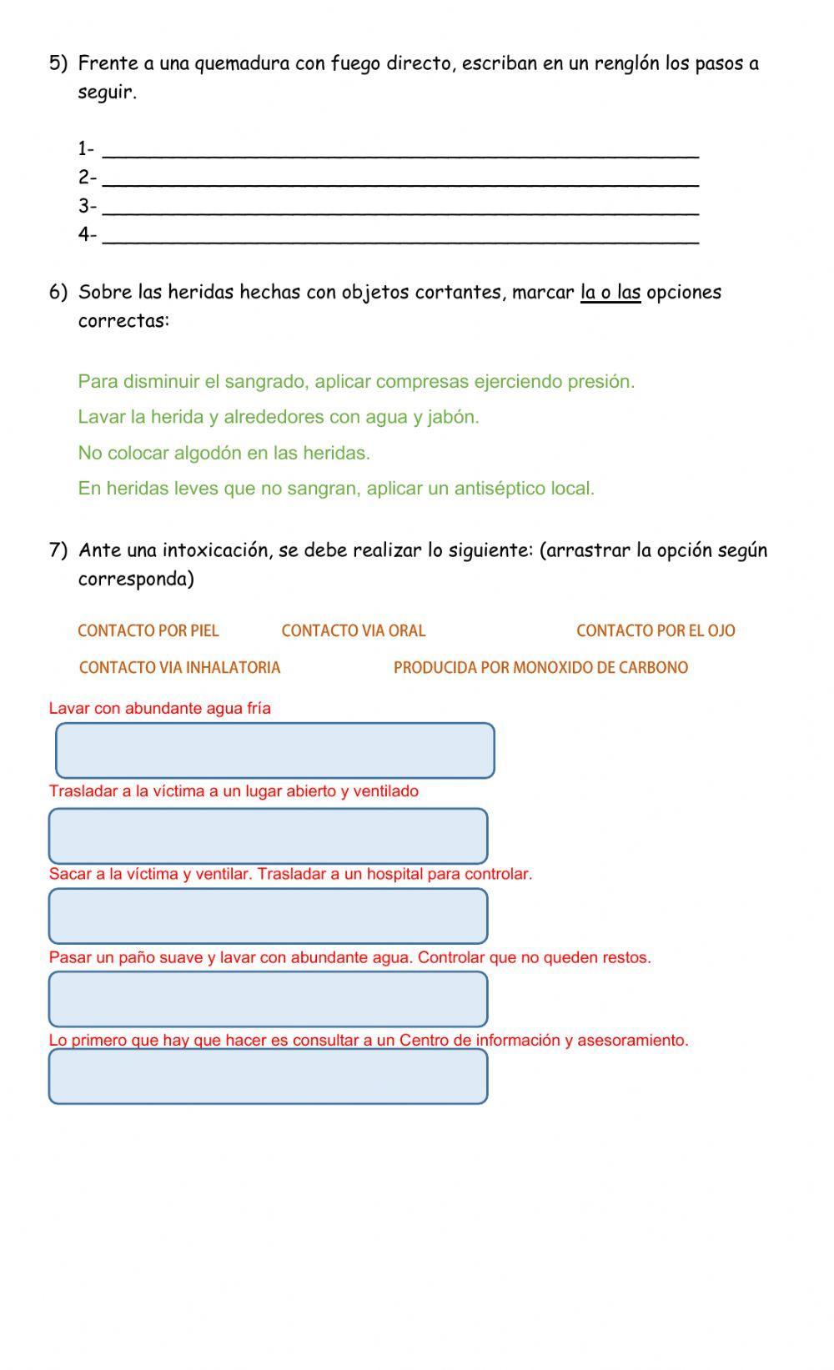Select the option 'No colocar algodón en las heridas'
(224, 453)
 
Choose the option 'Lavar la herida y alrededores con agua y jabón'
(279, 417)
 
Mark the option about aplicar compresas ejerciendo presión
(356, 382)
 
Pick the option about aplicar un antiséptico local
(336, 489)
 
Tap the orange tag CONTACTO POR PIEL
(148, 631)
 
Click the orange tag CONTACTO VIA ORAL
(354, 631)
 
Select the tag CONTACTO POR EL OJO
(656, 631)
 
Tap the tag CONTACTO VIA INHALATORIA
(179, 668)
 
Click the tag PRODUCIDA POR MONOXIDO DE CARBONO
(540, 668)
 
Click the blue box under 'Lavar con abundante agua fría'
(275, 750)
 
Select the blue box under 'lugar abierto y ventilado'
(268, 836)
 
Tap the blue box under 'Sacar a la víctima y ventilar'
(268, 916)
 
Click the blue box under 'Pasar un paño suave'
(268, 999)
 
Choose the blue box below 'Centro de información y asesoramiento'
(268, 1076)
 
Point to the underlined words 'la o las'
(610, 293)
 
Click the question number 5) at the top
(58, 63)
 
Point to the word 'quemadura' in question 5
(242, 63)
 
